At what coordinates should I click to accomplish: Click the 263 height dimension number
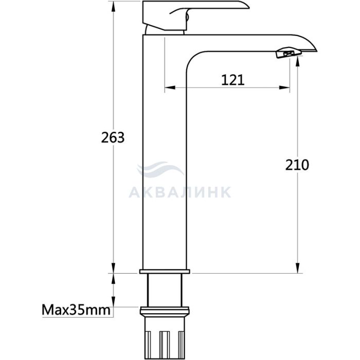click(113, 137)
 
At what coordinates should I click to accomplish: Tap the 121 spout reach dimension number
click(233, 80)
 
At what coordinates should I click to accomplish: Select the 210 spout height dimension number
click(297, 165)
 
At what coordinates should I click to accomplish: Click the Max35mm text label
click(76, 310)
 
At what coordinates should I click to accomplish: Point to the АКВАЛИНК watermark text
click(180, 192)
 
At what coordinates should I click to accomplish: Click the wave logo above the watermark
click(160, 169)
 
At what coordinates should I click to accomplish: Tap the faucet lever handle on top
click(195, 15)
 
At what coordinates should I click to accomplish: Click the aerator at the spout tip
click(289, 53)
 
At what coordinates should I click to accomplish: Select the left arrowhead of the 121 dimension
click(170, 87)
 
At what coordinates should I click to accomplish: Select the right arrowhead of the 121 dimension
click(284, 87)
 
